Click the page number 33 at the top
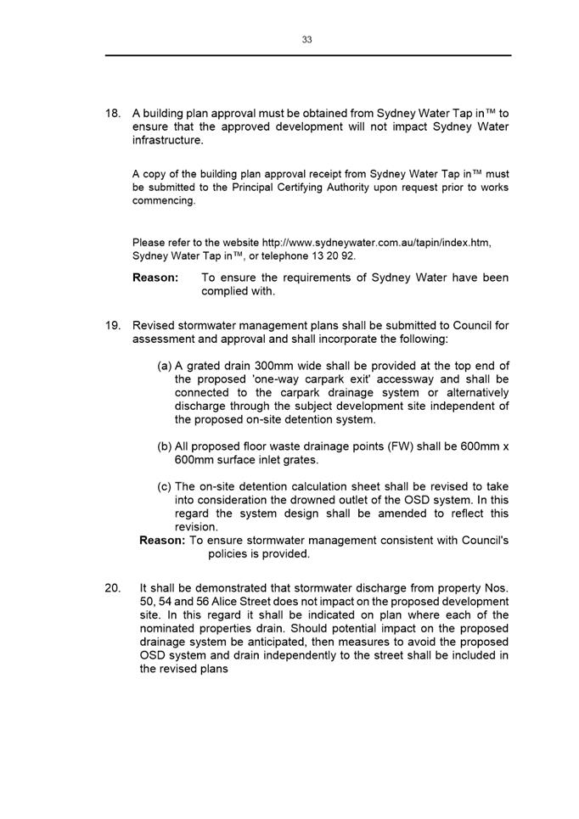coord(306,39)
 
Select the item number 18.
coord(112,113)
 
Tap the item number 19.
coord(112,325)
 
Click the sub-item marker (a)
coord(165,365)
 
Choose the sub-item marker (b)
coord(165,446)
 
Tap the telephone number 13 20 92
coord(334,255)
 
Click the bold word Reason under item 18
coord(155,278)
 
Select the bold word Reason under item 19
coord(162,540)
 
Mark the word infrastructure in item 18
coord(167,140)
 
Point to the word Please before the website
coord(149,242)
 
